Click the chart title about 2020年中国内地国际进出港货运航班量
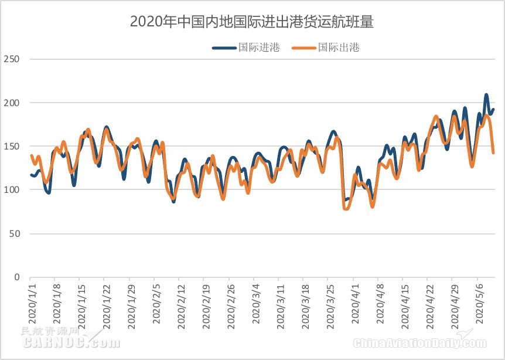(x=252, y=22)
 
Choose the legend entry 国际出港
(x=338, y=48)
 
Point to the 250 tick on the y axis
(x=12, y=59)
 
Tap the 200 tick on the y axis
(x=12, y=103)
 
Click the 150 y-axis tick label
(x=12, y=146)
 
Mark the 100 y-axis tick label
(x=12, y=190)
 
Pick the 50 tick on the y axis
(x=14, y=233)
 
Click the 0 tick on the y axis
(x=16, y=277)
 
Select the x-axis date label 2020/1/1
(x=32, y=302)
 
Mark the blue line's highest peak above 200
(x=486, y=94)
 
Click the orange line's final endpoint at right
(x=494, y=153)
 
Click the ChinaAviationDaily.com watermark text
(x=419, y=342)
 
